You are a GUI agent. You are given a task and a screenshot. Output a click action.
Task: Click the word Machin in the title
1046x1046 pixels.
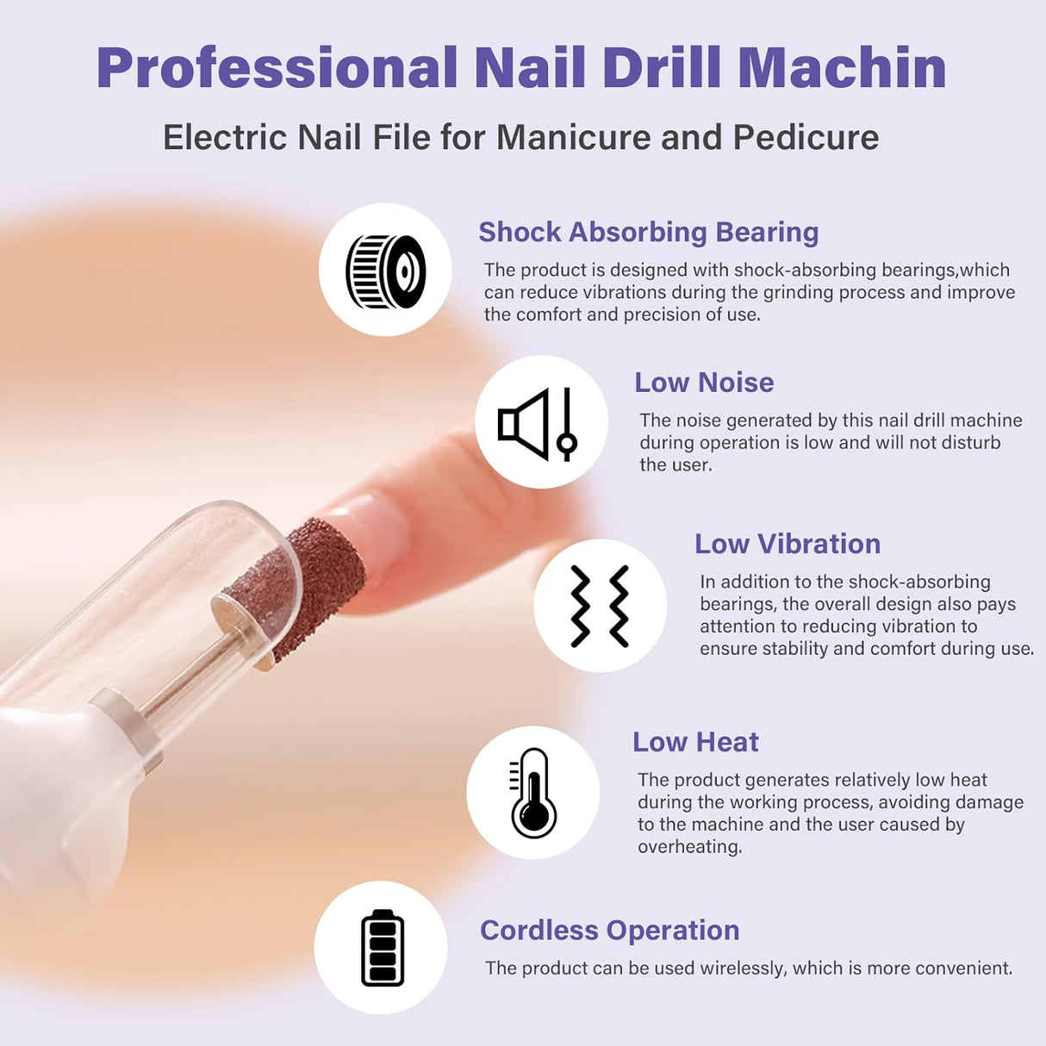pyautogui.click(x=842, y=67)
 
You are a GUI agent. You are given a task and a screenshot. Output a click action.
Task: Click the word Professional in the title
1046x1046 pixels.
pyautogui.click(x=277, y=67)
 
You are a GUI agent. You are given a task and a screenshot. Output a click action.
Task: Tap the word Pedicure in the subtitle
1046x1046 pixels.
pyautogui.click(x=806, y=137)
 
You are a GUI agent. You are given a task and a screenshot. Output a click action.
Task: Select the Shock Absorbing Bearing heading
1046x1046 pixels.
pyautogui.click(x=648, y=232)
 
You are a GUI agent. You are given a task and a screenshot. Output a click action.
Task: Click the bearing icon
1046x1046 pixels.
pyautogui.click(x=385, y=271)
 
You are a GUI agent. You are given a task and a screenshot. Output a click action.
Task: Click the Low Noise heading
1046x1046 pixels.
pyautogui.click(x=704, y=382)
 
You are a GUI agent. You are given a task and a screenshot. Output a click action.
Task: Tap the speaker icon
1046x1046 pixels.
pyautogui.click(x=538, y=424)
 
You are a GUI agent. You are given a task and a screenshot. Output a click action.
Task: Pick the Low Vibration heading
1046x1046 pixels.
pyautogui.click(x=787, y=544)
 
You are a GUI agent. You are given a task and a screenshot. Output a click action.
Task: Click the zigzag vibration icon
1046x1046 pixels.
pyautogui.click(x=600, y=606)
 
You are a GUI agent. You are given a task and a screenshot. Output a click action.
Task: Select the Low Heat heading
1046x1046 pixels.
pyautogui.click(x=695, y=742)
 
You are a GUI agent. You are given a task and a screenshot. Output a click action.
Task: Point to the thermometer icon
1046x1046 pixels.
pyautogui.click(x=532, y=793)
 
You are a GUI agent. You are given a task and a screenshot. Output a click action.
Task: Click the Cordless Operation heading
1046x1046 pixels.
pyautogui.click(x=609, y=930)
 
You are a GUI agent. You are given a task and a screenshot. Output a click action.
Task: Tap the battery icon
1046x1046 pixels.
pyautogui.click(x=382, y=948)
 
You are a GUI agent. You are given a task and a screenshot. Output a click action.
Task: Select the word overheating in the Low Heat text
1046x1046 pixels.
pyautogui.click(x=689, y=847)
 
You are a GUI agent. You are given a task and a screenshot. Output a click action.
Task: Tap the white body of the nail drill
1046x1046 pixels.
pyautogui.click(x=52, y=775)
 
